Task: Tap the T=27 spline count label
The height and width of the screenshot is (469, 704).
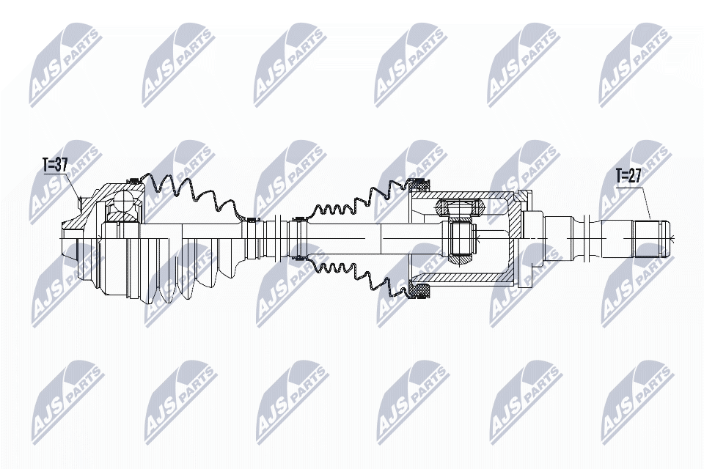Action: coord(628,176)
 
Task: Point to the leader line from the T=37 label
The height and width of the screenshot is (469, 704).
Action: coord(76,187)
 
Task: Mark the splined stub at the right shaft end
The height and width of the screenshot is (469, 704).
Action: coord(653,239)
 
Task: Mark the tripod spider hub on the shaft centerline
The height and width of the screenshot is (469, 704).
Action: coord(462,238)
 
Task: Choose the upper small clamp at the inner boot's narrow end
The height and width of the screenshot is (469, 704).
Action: coord(298,218)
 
